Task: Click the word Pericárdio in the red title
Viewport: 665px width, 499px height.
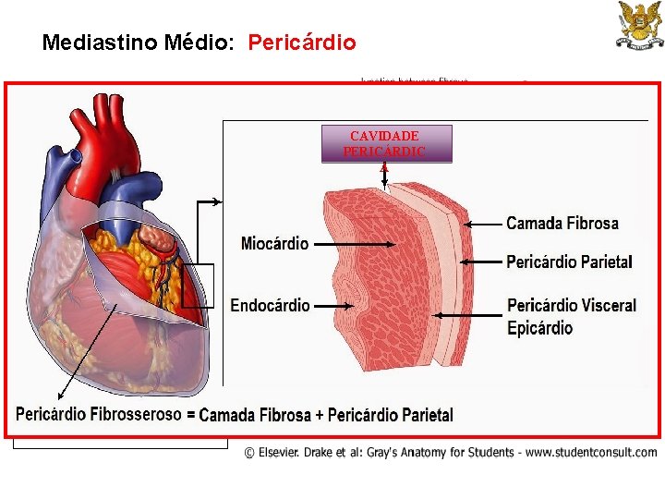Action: (302, 43)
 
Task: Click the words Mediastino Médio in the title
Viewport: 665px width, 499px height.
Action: (140, 43)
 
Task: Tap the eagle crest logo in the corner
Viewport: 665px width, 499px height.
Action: (639, 25)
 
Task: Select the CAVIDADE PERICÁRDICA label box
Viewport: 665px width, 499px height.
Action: (386, 144)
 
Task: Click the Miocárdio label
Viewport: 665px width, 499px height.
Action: (274, 244)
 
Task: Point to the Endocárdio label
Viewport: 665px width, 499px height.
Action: (270, 305)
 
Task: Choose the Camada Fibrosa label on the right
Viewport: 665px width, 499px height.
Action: (562, 223)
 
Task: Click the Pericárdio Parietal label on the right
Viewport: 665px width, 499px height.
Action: (569, 262)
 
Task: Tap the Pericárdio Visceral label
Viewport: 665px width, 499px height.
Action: (572, 305)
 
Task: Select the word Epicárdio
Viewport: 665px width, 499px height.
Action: (539, 328)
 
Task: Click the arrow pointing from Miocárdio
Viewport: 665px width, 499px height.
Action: (356, 244)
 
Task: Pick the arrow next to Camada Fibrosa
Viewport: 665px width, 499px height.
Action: (482, 224)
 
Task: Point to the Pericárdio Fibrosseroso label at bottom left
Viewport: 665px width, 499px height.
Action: (99, 414)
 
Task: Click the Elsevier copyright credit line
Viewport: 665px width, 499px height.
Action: (451, 453)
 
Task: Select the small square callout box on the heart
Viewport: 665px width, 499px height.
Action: (197, 286)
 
